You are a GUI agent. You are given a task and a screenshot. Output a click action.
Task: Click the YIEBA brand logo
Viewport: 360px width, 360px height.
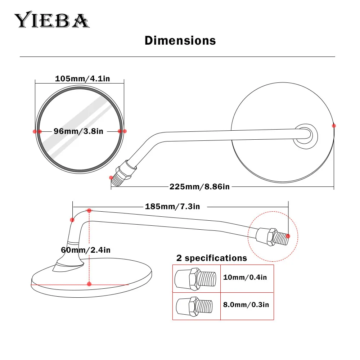tap(51, 21)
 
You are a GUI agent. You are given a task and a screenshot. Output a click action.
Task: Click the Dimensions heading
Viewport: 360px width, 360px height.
tap(180, 40)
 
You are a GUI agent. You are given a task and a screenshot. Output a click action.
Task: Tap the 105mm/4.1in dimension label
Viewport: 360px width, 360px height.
tap(82, 78)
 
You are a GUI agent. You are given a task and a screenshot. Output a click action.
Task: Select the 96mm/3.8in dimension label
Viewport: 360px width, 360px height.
tap(78, 131)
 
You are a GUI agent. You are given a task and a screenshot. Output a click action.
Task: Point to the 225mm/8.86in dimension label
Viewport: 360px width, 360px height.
tap(199, 186)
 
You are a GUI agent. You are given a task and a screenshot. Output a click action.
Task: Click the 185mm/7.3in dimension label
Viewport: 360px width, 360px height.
tap(172, 206)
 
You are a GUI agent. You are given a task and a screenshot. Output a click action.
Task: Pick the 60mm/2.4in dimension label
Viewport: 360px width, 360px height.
tap(85, 250)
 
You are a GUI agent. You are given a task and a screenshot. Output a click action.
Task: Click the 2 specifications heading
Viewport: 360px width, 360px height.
tap(211, 258)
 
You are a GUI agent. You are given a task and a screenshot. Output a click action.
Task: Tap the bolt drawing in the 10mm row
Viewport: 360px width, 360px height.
tap(195, 279)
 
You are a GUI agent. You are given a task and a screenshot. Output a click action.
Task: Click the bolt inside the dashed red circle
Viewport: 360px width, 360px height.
tap(272, 237)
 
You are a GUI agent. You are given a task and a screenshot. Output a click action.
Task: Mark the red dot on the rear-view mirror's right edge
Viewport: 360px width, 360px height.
tap(334, 126)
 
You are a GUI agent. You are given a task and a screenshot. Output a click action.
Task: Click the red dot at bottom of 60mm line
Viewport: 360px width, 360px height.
tap(89, 284)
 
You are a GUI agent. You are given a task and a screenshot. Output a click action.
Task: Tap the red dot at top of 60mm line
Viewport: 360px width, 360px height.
tap(89, 210)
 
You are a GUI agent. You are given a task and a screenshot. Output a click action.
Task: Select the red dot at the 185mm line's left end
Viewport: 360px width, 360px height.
tap(72, 220)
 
